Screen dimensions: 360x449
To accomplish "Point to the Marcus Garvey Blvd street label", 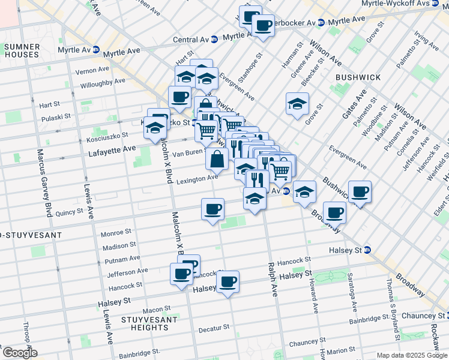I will click(44, 180).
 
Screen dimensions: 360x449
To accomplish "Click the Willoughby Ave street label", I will click(103, 82).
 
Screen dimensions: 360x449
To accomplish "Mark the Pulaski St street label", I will click(56, 118).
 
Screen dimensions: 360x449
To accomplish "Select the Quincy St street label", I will click(69, 212).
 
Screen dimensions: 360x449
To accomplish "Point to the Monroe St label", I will click(117, 232).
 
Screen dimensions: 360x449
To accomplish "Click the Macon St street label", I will click(157, 309).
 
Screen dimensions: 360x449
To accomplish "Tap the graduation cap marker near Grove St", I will click(297, 104).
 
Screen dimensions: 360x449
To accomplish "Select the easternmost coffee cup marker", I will click(360, 192).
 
